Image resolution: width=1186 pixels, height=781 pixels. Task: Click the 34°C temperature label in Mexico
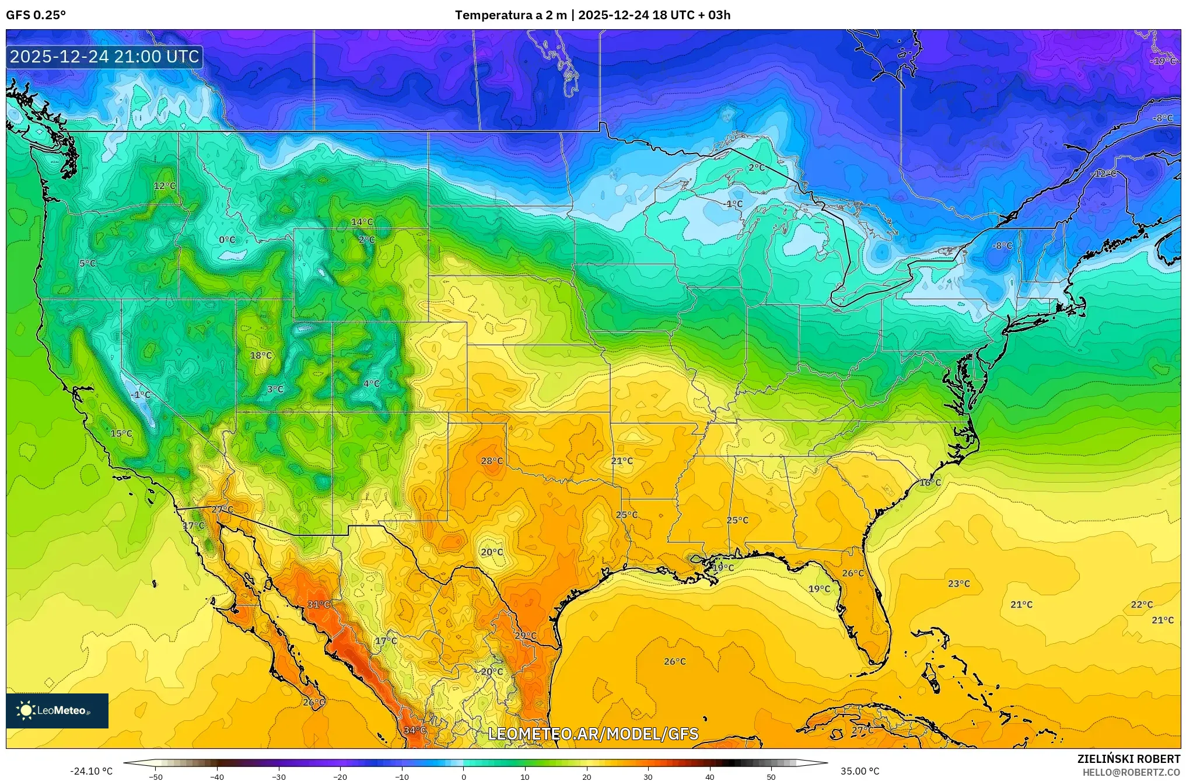click(415, 730)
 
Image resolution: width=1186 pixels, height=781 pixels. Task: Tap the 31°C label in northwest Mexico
click(319, 605)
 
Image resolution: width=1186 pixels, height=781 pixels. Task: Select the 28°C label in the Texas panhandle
click(492, 461)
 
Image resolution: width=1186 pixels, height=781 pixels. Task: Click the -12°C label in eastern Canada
click(1104, 174)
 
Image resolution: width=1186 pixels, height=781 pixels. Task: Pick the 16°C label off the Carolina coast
click(930, 483)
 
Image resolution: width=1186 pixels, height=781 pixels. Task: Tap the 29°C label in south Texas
click(526, 636)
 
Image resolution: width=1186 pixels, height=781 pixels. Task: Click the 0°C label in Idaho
click(227, 240)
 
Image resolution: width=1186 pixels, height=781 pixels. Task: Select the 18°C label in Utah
click(261, 355)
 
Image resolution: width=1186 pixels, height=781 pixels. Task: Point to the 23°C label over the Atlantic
click(959, 584)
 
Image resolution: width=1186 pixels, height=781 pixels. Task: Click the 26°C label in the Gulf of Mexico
click(675, 662)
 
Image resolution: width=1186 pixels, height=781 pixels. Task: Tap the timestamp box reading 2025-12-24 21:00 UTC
click(105, 57)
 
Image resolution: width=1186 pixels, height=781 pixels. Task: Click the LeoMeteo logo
click(57, 711)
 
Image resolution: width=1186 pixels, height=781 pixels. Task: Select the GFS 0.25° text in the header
click(36, 15)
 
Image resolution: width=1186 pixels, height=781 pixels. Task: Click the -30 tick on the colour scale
click(279, 777)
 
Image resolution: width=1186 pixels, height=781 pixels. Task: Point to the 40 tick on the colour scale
click(710, 777)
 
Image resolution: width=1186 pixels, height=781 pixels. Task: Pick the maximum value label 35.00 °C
click(860, 772)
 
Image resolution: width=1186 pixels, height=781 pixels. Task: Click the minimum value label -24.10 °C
click(92, 772)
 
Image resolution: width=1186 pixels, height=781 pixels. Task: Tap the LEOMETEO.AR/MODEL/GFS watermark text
click(593, 734)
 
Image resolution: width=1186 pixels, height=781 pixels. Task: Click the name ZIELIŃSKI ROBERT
click(1128, 759)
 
